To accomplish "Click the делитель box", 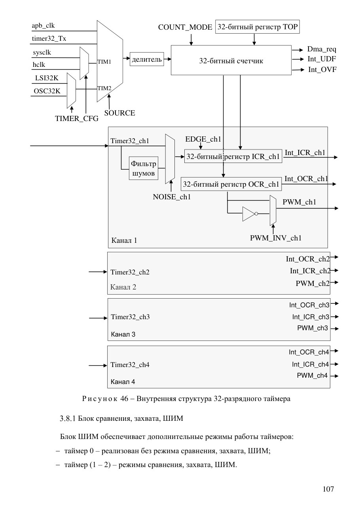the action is tap(147, 59).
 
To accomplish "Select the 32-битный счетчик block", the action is tap(231, 60).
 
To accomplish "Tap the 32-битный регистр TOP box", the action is tap(257, 27).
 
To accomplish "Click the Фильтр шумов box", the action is tap(144, 168).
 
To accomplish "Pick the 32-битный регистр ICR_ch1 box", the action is tap(233, 156).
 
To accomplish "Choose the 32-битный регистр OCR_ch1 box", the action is tap(231, 184).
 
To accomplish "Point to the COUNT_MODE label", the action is tap(185, 27).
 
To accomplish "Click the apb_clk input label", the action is tap(43, 25).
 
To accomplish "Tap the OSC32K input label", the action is tap(47, 91).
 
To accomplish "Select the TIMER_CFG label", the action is tap(77, 118).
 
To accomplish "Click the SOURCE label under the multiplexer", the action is tap(119, 113).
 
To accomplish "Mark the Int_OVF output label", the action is tap(322, 70).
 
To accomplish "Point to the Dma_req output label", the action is tap(322, 49).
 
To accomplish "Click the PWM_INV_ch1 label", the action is tap(276, 238).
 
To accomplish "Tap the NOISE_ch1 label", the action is tap(172, 197).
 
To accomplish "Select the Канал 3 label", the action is tap(123, 334).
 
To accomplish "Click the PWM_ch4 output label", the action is tap(312, 375).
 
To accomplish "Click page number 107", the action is tap(328, 489).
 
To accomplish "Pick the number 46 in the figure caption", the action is tap(124, 399).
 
